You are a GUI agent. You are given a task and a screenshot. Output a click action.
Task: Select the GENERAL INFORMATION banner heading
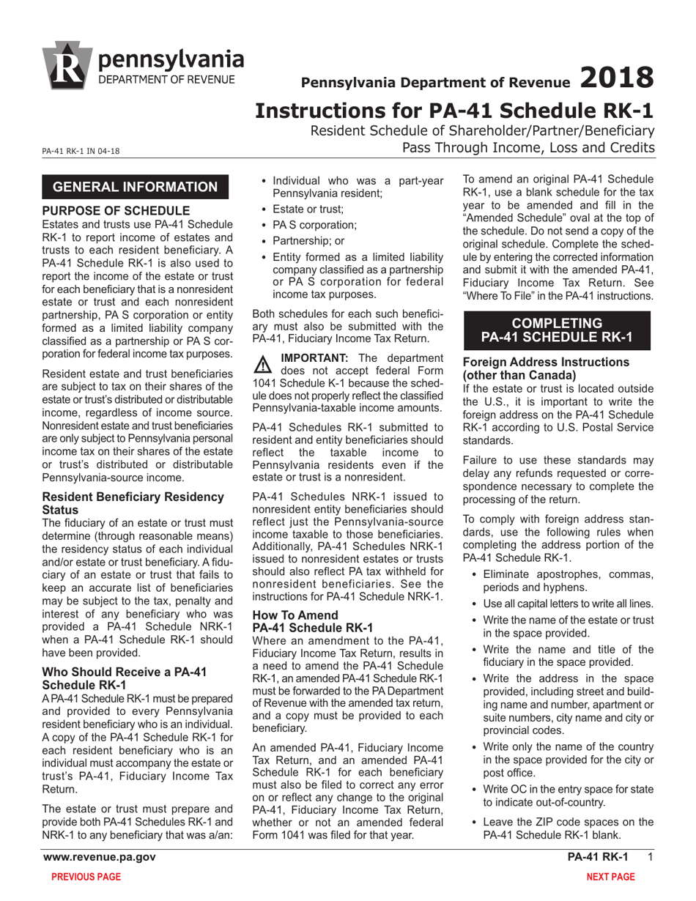[136, 186]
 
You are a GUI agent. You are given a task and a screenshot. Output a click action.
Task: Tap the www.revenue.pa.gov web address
[99, 858]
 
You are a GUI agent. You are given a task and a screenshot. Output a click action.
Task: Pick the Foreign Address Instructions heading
[546, 368]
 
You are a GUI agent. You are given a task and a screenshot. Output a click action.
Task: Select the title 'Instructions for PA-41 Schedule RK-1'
[453, 111]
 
